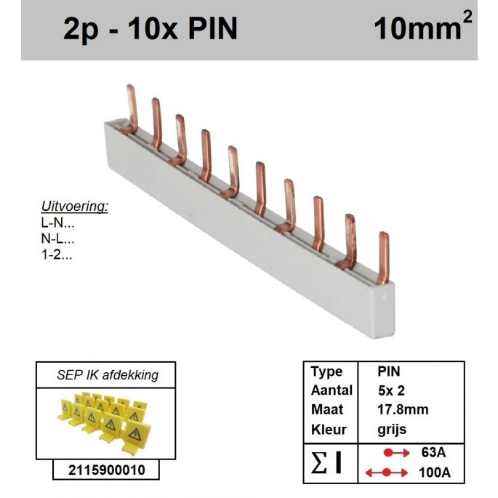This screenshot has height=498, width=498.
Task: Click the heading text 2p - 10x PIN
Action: click(x=150, y=28)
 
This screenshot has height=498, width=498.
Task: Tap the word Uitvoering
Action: click(x=75, y=206)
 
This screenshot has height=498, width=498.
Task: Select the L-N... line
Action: click(x=57, y=223)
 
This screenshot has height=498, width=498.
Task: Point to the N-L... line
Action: click(x=57, y=238)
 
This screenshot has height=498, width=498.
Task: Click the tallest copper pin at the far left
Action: click(x=131, y=110)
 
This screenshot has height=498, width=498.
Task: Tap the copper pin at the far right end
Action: click(x=383, y=259)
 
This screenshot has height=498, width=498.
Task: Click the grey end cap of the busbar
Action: click(x=385, y=310)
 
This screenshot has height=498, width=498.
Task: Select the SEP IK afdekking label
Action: click(x=108, y=375)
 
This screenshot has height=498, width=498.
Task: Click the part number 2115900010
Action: click(x=106, y=470)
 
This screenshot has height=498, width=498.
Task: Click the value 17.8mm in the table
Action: click(x=403, y=409)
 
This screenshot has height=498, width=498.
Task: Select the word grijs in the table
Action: click(x=392, y=430)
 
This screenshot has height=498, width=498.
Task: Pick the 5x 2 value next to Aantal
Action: click(x=391, y=390)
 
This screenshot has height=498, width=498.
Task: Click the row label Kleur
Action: click(x=329, y=430)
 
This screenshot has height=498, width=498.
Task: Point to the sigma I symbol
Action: click(x=327, y=462)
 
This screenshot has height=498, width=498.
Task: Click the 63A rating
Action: click(x=433, y=452)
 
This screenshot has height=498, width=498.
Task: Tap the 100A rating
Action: click(x=435, y=473)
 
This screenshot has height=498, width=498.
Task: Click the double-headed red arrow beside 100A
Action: click(x=387, y=473)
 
